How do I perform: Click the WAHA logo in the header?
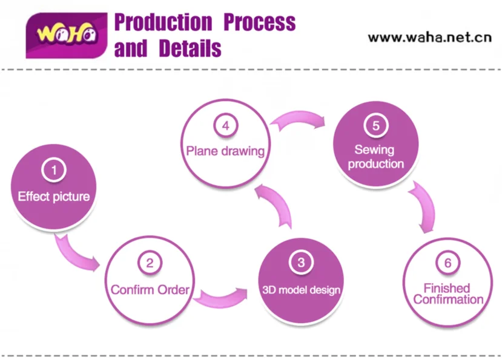(x=67, y=35)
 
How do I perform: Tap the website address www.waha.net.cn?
(x=429, y=37)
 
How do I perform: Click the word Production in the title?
(x=163, y=22)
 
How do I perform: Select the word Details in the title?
(x=190, y=48)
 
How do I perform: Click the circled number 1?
(x=53, y=170)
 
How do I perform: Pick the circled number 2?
(x=150, y=263)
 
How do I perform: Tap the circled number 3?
(x=301, y=262)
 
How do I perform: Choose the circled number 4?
(x=225, y=126)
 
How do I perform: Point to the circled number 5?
(x=375, y=126)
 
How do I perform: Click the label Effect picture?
(x=54, y=196)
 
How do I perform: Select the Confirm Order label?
(x=150, y=290)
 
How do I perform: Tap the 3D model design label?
(x=301, y=290)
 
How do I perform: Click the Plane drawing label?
(x=225, y=151)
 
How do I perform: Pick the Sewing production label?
(x=375, y=156)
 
